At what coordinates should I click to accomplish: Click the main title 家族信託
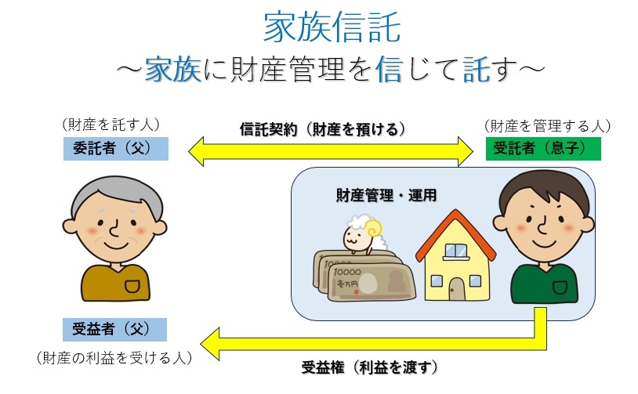(332, 27)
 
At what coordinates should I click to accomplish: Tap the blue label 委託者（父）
(116, 148)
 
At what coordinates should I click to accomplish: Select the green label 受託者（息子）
(543, 148)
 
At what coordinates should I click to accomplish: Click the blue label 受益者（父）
(114, 329)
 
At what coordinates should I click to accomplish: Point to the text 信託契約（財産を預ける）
(323, 129)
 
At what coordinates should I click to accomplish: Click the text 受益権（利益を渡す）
(369, 367)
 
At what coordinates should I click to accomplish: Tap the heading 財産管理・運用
(386, 196)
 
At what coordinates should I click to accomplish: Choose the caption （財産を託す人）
(111, 125)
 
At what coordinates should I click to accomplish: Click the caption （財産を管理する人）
(547, 126)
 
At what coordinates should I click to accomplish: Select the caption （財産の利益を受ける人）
(114, 358)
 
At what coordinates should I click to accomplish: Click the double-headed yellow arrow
(331, 152)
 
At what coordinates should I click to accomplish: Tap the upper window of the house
(455, 251)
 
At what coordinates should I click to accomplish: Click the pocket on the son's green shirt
(560, 287)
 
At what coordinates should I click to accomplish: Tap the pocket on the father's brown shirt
(132, 285)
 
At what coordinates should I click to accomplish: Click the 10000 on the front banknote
(347, 272)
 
